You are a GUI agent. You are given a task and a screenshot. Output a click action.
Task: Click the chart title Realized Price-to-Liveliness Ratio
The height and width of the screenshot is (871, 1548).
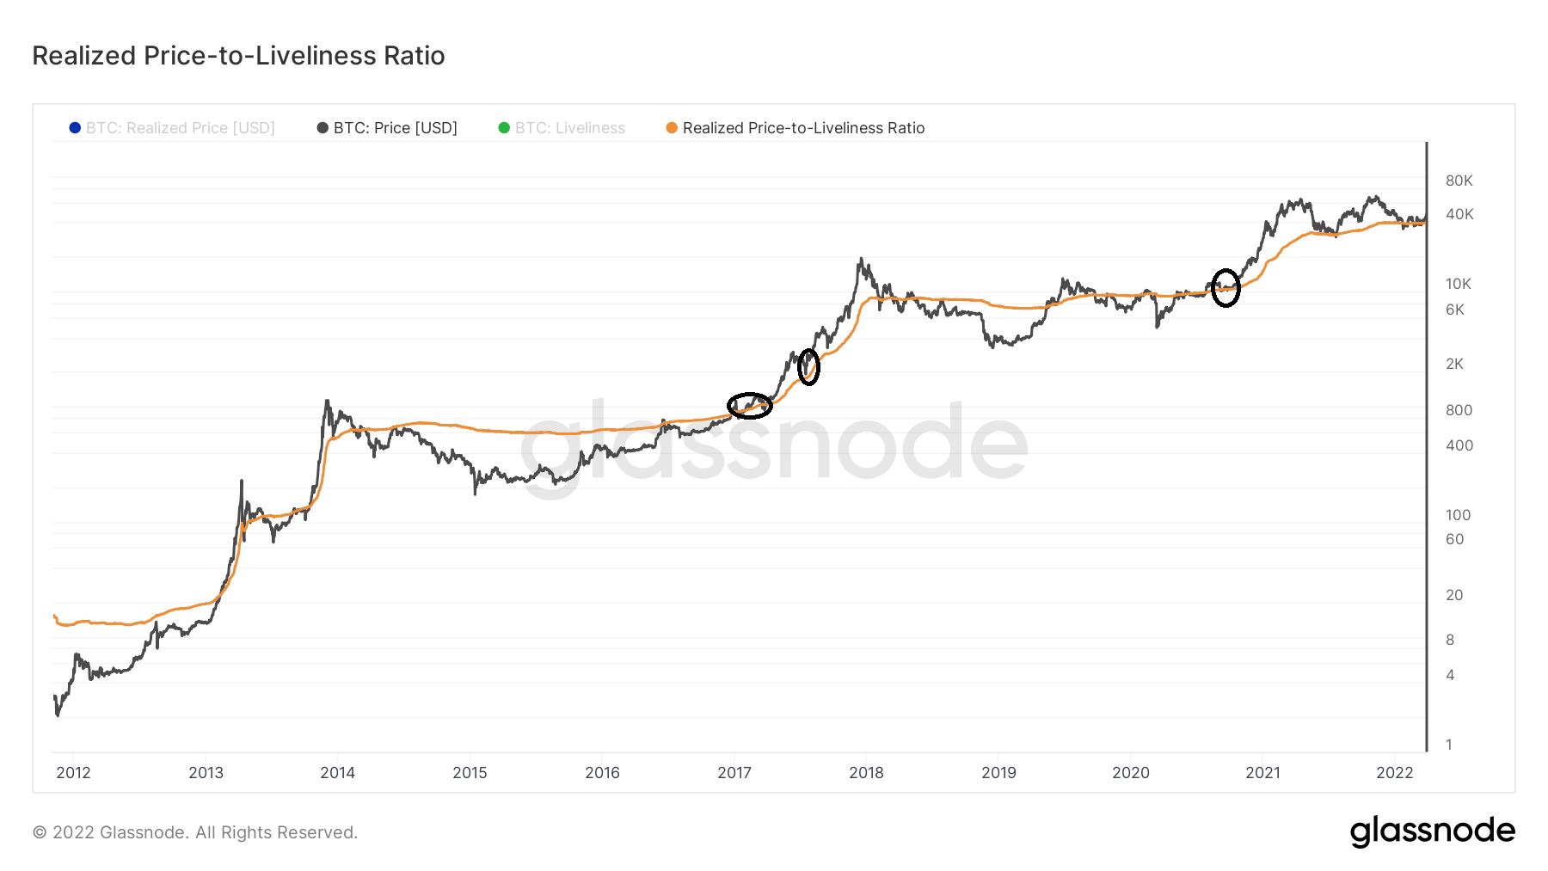coord(238,56)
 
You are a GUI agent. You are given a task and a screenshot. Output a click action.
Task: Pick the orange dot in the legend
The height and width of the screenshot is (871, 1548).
coord(672,128)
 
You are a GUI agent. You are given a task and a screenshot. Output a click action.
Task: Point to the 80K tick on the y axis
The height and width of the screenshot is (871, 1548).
coord(1459,181)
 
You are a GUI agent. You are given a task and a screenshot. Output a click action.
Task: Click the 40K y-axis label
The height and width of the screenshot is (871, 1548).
coord(1459,214)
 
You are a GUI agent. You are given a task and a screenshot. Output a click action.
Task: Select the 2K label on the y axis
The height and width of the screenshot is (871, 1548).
coord(1454,364)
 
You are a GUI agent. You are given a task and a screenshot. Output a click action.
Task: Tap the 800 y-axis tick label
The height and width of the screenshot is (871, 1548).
coord(1459,410)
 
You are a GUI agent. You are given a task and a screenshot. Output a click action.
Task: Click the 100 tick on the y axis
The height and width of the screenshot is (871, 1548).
coord(1458,515)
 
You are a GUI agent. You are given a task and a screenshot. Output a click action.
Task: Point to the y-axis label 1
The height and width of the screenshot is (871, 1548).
coord(1449,745)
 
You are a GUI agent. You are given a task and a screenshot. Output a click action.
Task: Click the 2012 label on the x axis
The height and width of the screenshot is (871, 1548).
coord(73,772)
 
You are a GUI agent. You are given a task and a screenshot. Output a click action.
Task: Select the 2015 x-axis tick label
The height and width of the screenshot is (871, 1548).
coord(470,772)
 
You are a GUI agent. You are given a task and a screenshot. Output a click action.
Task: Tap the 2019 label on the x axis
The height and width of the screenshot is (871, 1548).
coord(998,772)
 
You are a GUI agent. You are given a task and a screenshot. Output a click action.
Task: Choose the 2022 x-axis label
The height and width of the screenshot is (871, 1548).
coord(1394,772)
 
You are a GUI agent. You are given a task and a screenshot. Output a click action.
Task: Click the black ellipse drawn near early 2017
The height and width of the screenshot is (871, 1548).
coord(750,405)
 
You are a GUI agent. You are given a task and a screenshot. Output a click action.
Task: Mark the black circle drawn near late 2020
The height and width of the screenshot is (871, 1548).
coord(1225,288)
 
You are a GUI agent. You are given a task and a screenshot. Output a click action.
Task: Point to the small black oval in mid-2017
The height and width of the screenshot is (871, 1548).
coord(808,367)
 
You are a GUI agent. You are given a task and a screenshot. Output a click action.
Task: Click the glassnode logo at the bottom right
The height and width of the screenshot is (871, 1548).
coord(1432,831)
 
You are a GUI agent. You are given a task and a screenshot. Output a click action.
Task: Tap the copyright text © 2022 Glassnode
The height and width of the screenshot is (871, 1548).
coord(194,832)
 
